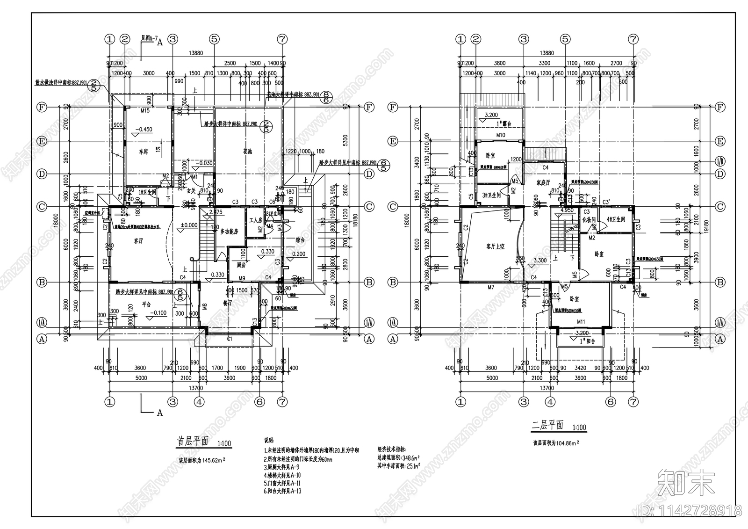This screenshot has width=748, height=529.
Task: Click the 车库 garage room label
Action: tap(144, 152)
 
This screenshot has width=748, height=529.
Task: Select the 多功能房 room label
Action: tap(230, 232)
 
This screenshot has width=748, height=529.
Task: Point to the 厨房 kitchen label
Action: tap(241, 265)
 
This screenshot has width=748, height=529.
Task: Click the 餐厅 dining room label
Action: tap(228, 303)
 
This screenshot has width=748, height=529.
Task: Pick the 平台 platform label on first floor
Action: tap(146, 304)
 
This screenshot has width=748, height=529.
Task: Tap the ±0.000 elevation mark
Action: tap(189, 225)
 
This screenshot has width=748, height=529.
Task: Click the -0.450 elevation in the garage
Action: tap(144, 130)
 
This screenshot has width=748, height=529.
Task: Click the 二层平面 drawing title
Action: tap(547, 425)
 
